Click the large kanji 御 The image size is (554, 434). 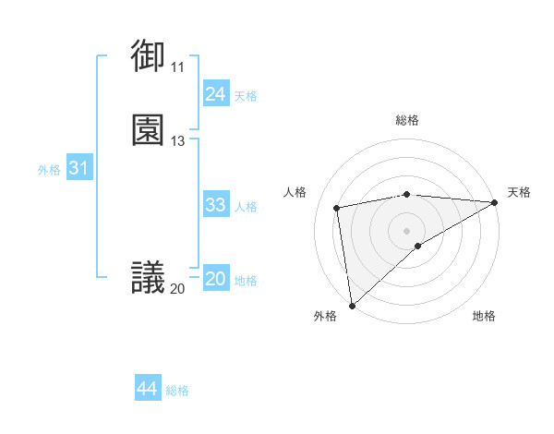(x=148, y=55)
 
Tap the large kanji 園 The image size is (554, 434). (x=148, y=130)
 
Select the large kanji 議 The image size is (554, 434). (x=148, y=276)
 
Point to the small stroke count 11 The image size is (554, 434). (x=177, y=67)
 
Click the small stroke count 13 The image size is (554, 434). (x=177, y=141)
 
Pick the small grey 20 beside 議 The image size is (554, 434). (x=177, y=289)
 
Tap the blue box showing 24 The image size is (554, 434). (x=215, y=94)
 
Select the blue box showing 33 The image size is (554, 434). (x=215, y=205)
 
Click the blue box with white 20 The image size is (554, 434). (x=215, y=279)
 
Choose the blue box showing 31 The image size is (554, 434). (x=78, y=168)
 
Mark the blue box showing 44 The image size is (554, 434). (x=147, y=389)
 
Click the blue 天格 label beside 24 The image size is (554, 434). (x=246, y=96)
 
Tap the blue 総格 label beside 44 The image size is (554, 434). (x=177, y=391)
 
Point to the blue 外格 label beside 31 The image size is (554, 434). (x=49, y=170)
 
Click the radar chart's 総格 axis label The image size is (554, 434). (x=407, y=120)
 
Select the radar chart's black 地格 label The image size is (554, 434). (x=484, y=316)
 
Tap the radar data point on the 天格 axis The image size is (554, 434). (x=495, y=202)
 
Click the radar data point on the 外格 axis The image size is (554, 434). (x=352, y=306)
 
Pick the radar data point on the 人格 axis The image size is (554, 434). (x=338, y=207)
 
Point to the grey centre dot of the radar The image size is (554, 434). (x=407, y=229)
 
